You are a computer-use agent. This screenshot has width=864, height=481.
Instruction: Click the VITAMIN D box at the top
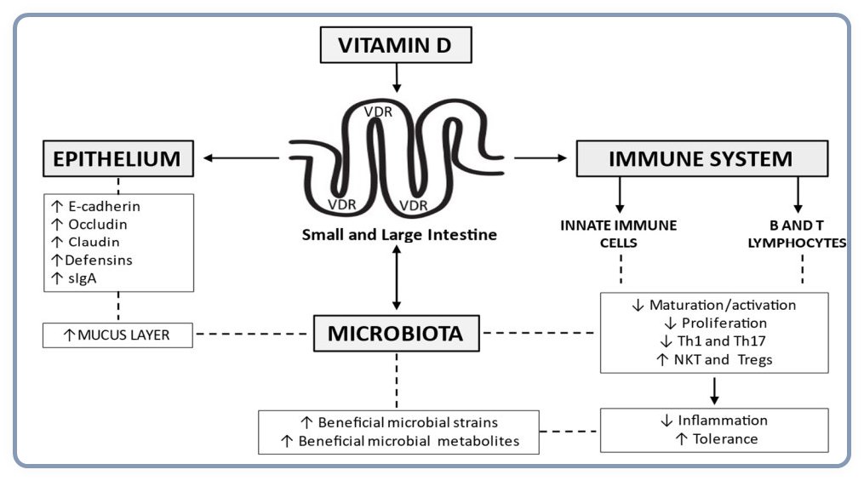click(394, 44)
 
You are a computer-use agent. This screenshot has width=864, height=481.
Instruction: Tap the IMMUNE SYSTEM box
click(702, 158)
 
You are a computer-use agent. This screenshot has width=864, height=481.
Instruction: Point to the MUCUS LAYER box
click(117, 335)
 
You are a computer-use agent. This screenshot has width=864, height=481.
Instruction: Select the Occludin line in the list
click(102, 224)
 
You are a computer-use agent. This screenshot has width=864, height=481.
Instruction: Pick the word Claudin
click(100, 242)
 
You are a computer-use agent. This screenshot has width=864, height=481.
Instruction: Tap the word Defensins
click(104, 260)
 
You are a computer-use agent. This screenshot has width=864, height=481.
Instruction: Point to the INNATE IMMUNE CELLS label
click(619, 233)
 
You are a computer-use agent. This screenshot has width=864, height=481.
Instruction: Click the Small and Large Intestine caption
click(399, 234)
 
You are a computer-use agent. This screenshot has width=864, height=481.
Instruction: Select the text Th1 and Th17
click(721, 341)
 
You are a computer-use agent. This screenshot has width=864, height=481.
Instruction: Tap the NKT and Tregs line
click(721, 358)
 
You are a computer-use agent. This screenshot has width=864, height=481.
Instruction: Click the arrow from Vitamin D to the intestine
click(396, 78)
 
